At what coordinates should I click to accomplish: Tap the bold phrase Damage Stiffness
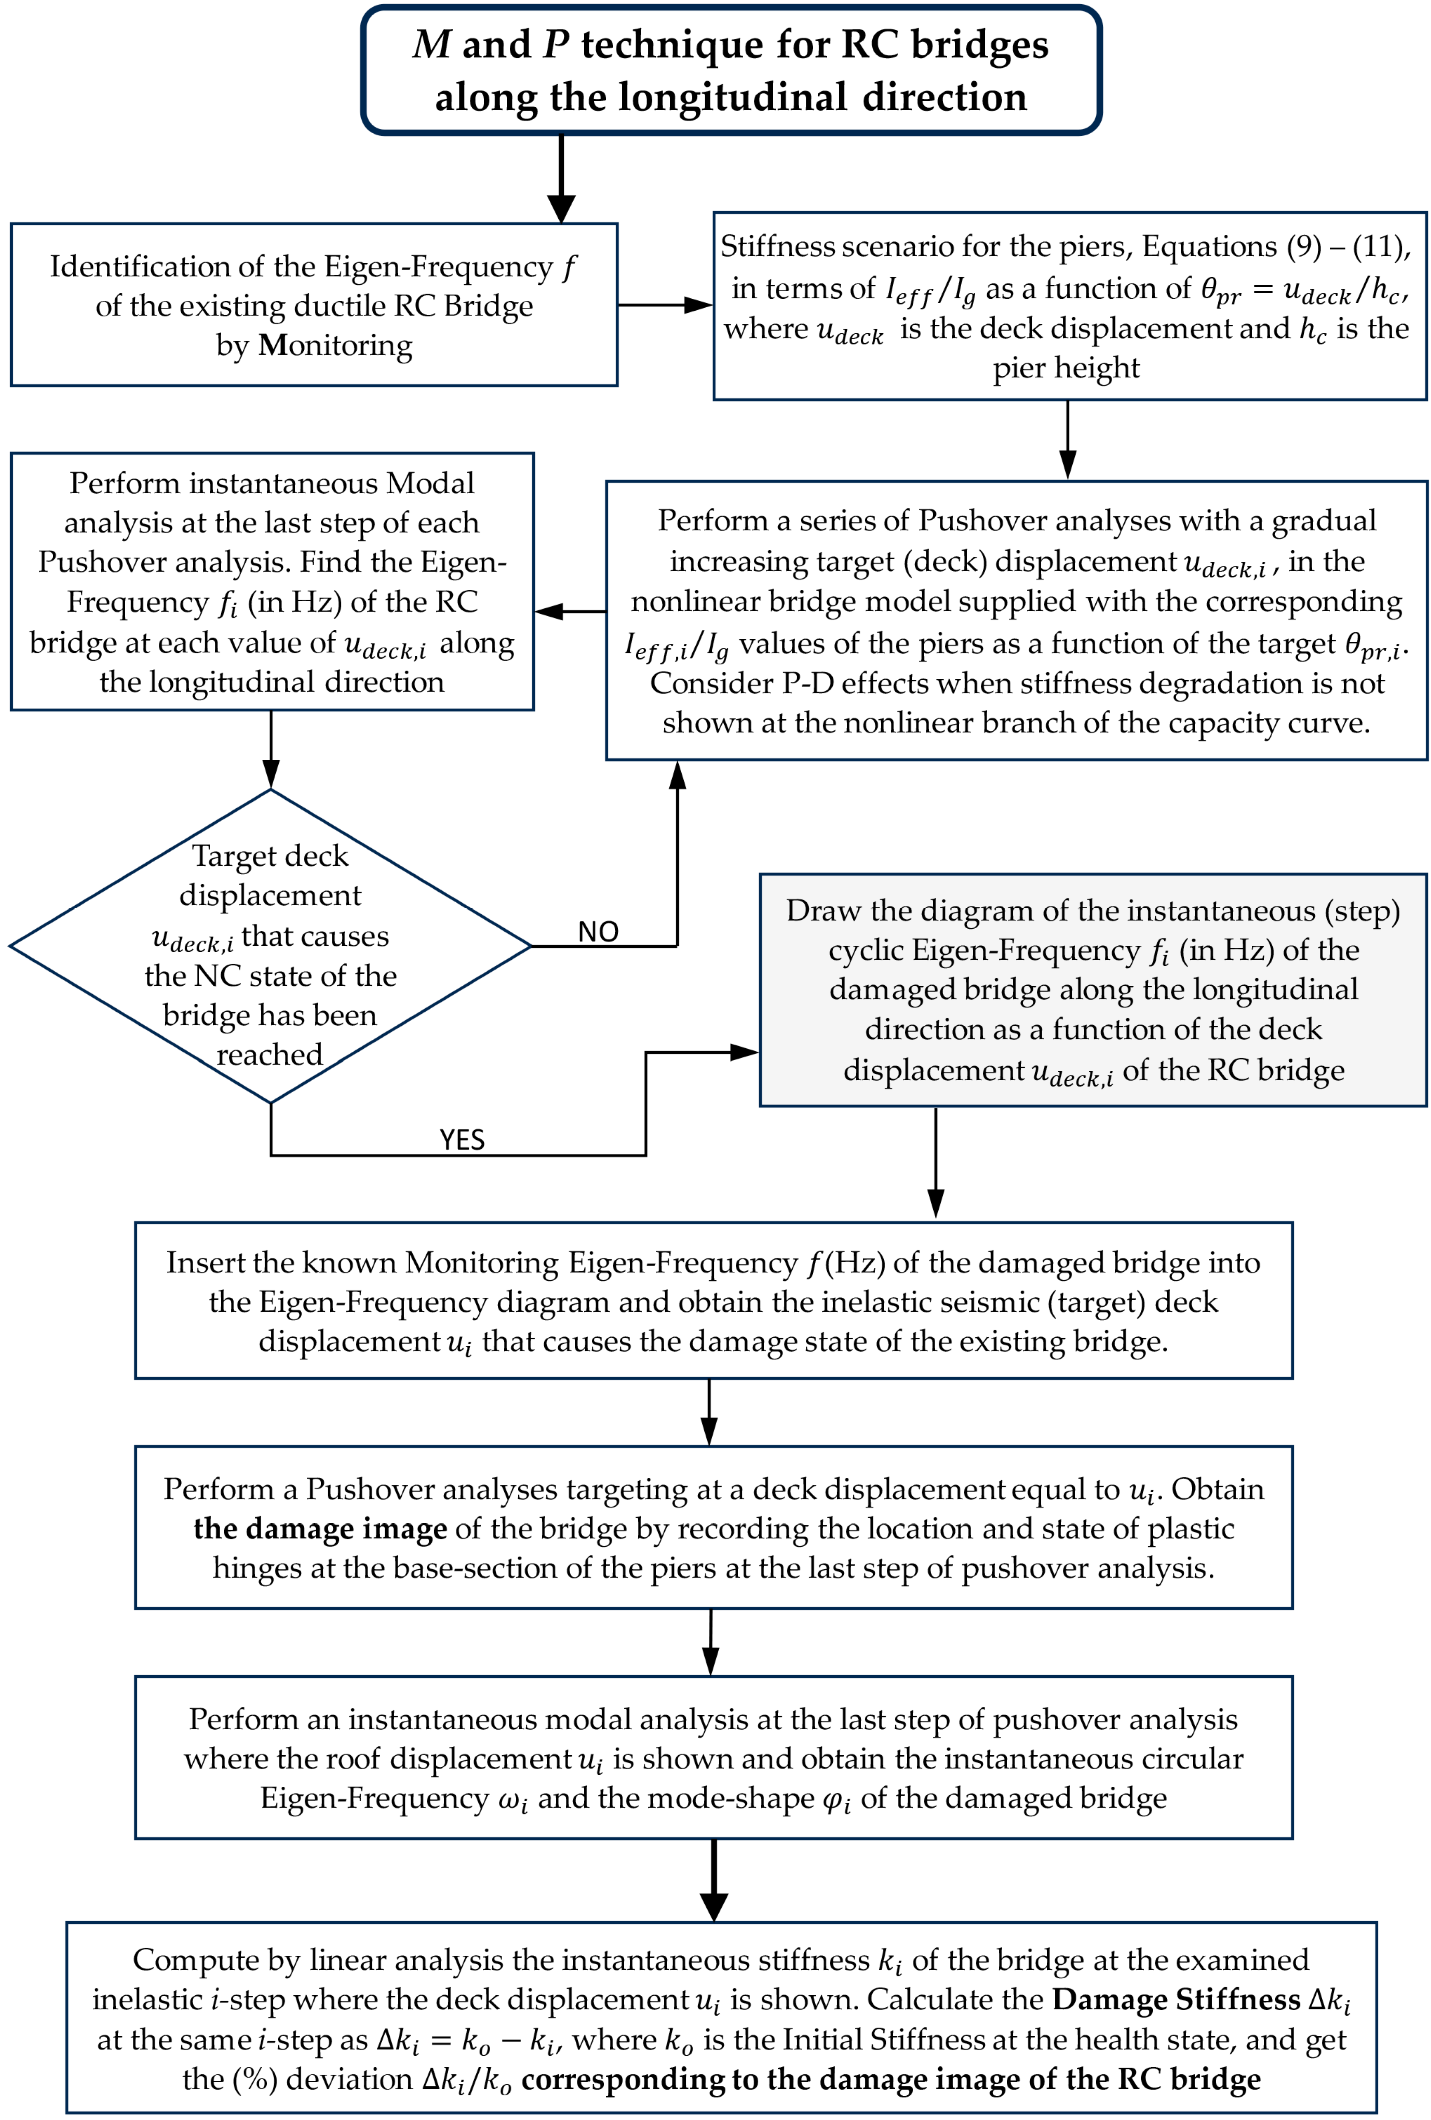[x=1176, y=2000]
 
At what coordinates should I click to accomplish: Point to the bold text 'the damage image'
[x=320, y=1529]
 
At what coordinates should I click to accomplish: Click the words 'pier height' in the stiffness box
[x=1066, y=368]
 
